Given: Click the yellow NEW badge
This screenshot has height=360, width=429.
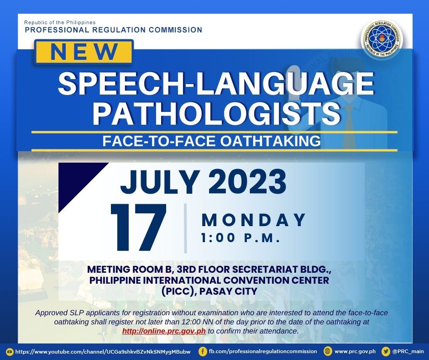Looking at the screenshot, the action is (84, 53).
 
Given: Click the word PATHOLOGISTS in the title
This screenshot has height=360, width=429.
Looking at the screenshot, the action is (217, 113).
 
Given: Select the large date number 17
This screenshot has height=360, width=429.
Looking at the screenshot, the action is (139, 228).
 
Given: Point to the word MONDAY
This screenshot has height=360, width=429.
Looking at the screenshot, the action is (254, 220).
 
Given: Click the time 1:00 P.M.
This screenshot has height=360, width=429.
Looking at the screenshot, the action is (241, 238).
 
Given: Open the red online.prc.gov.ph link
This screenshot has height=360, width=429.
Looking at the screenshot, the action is (164, 331).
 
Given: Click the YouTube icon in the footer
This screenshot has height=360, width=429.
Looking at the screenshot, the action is (10, 351).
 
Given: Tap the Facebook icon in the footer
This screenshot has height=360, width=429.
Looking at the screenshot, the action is (203, 351).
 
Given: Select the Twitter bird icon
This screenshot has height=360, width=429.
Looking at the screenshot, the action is (386, 351).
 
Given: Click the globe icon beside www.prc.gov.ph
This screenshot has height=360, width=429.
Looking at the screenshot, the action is (327, 351).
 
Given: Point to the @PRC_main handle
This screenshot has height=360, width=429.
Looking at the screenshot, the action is (408, 351).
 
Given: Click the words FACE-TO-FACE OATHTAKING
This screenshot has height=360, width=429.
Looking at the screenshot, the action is (211, 141).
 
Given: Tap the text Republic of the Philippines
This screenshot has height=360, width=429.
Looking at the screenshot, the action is (60, 22).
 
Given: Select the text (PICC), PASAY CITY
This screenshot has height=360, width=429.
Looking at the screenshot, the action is (209, 291).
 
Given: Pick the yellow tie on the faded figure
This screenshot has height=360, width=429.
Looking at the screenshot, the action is (350, 121).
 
